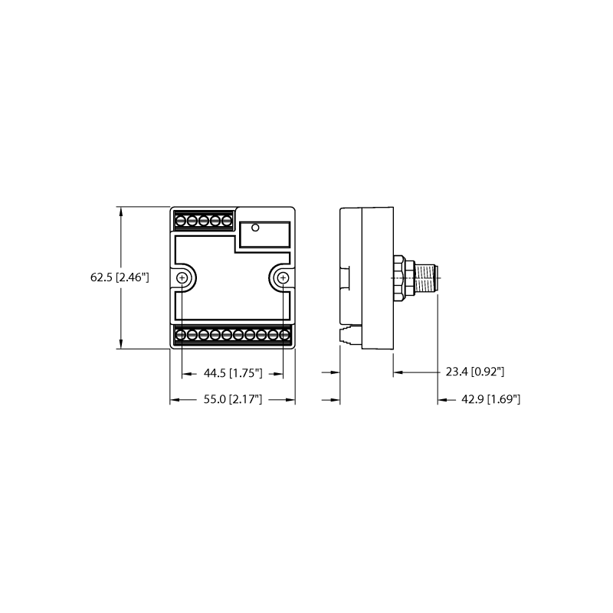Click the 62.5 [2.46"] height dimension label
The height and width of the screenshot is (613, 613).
coord(120,277)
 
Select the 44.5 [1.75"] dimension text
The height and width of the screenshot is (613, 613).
coord(233,373)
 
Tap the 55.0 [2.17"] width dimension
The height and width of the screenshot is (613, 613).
coord(233,399)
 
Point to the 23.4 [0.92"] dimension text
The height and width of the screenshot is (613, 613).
coord(475,372)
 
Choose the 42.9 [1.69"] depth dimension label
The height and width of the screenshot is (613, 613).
coord(491,399)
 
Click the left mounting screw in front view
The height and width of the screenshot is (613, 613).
coord(182,278)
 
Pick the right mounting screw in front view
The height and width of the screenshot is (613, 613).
coord(283,278)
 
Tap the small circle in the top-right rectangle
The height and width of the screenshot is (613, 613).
coord(255,227)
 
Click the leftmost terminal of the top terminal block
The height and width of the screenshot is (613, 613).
coord(180,221)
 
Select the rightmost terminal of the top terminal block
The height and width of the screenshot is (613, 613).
coord(227,221)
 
